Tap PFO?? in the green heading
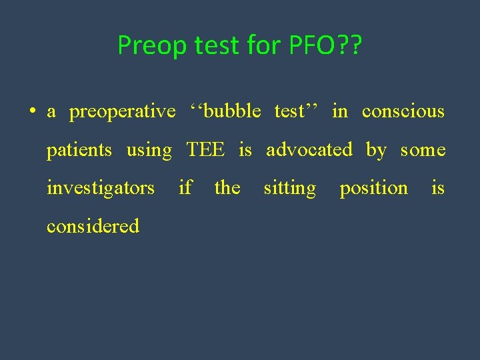point(326,45)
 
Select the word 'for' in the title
point(267,45)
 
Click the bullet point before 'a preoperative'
point(33,111)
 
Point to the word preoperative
point(122,111)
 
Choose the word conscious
point(403,111)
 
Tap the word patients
point(79,150)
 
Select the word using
point(149,150)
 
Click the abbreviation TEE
point(205,150)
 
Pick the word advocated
point(309,150)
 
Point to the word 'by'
point(376,151)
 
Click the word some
point(423,150)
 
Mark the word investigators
point(100,188)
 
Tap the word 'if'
point(185,188)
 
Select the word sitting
point(289,189)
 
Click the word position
point(373,189)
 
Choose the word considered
point(93,226)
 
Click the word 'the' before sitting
point(227,188)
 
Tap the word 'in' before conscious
point(339,111)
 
